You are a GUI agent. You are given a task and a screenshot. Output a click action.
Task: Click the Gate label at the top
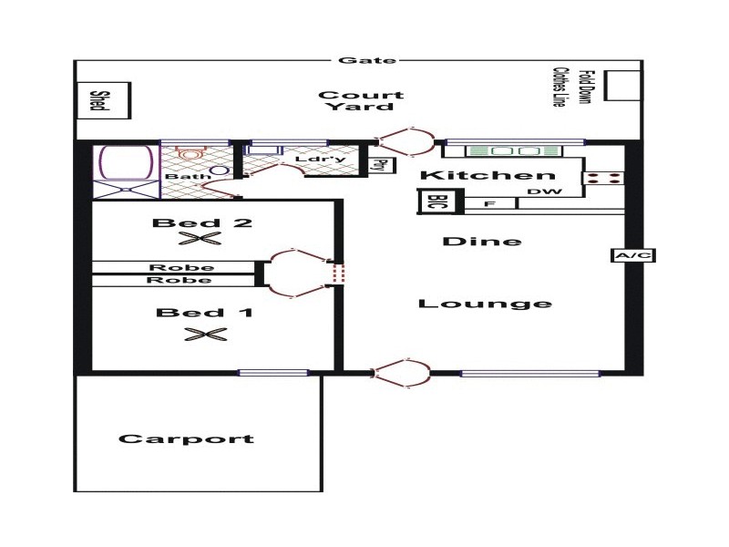coord(355,61)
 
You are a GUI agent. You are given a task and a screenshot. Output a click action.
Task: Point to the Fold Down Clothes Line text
coord(571,87)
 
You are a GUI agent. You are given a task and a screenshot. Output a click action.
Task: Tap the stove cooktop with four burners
coord(604,179)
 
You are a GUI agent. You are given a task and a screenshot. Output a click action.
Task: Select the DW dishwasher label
coord(540,191)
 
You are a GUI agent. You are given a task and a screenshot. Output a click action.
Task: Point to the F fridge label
coord(488,203)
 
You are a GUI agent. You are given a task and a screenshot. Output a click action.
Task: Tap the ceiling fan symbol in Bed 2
coord(200,240)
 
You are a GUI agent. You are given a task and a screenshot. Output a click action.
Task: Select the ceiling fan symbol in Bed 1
coord(204,335)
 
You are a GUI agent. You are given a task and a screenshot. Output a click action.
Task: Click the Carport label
coord(186,439)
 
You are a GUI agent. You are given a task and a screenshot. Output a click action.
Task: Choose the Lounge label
coord(485,304)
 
